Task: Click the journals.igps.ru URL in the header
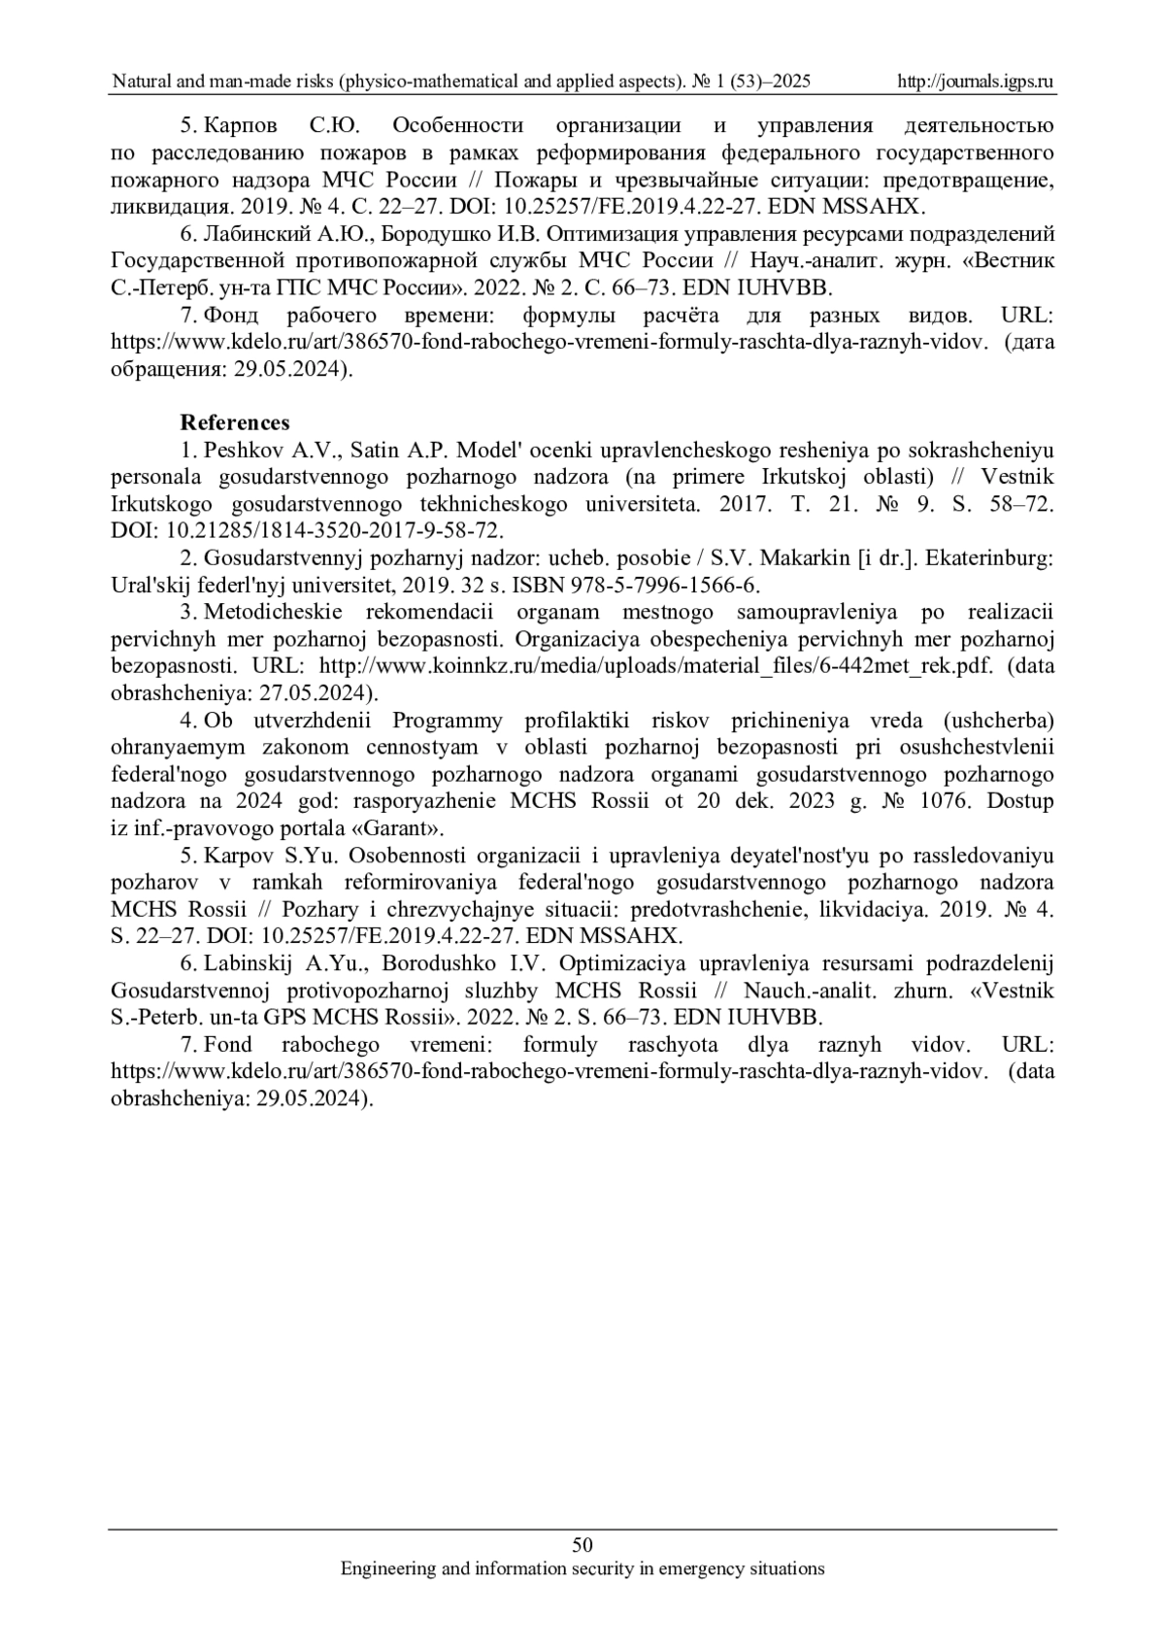click(977, 82)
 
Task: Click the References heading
click(235, 422)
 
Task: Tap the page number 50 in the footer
click(582, 1545)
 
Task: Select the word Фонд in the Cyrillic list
click(229, 316)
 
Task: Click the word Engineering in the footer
click(386, 1568)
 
